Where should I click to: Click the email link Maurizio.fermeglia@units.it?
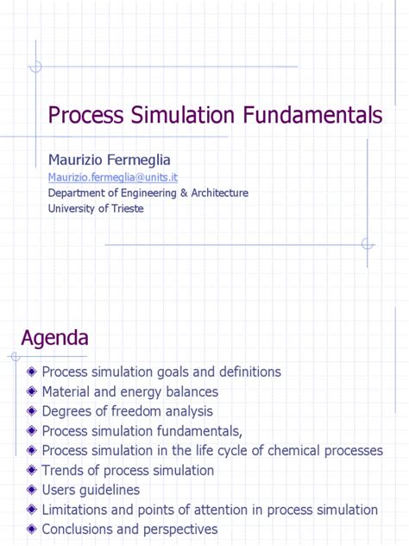tap(112, 177)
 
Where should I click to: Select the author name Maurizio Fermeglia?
tap(110, 160)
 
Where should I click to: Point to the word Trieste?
tap(125, 208)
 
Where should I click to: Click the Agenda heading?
tap(54, 336)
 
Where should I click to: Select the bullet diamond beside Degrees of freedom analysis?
tap(32, 412)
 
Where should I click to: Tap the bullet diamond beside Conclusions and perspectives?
tap(32, 530)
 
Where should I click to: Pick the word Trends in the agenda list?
tap(62, 471)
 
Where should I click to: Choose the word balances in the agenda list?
tap(191, 392)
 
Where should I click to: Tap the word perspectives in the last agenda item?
tap(178, 530)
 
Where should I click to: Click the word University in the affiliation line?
tap(73, 208)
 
